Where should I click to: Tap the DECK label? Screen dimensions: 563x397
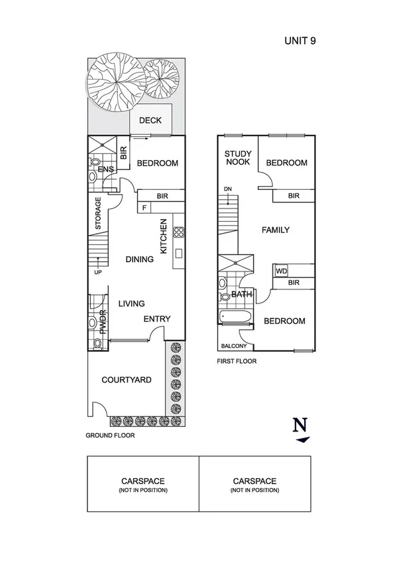(x=150, y=120)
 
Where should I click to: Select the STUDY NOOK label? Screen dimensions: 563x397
(x=237, y=157)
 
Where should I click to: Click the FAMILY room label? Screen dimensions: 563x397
(x=275, y=230)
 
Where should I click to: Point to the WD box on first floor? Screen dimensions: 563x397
(x=281, y=271)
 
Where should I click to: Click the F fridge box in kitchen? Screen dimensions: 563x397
(x=144, y=208)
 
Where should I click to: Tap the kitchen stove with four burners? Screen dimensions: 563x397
(x=178, y=232)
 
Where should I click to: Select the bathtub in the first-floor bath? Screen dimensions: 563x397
(x=235, y=317)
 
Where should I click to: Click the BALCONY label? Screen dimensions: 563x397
(x=234, y=346)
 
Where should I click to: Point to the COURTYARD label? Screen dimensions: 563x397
(x=126, y=380)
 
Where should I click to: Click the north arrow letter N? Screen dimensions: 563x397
(x=302, y=424)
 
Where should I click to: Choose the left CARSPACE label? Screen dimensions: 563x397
(x=142, y=481)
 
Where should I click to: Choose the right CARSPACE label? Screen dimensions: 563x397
(x=255, y=481)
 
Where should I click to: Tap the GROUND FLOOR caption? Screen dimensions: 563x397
(x=110, y=436)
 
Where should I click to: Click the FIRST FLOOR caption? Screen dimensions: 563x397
(x=237, y=362)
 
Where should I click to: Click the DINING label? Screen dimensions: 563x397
(x=139, y=260)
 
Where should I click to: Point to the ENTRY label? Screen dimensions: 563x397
(x=157, y=319)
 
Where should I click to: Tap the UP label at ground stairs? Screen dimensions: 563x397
(x=97, y=272)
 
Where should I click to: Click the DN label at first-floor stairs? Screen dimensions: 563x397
(x=228, y=189)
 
